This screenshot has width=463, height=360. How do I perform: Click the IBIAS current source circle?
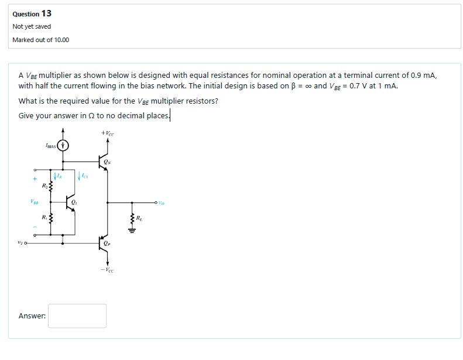[x=63, y=145]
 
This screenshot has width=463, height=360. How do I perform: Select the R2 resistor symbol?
[x=50, y=186]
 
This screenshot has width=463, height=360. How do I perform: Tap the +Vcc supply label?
[x=108, y=133]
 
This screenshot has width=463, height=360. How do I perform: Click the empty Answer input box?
[x=77, y=316]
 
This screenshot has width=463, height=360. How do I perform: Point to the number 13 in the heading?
[x=46, y=13]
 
